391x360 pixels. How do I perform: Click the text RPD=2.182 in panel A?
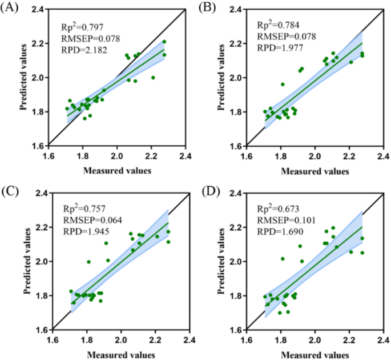(81, 50)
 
